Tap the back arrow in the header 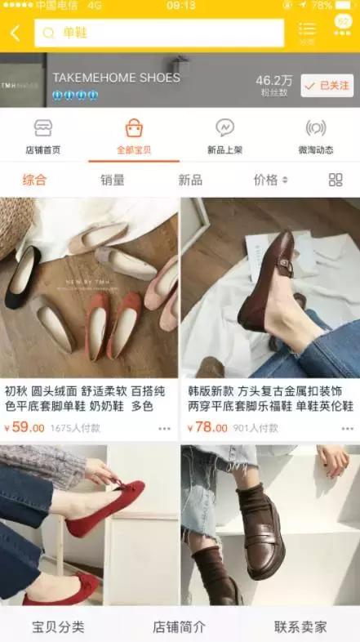coord(16,33)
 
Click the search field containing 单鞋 coord(159,33)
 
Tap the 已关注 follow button coord(327,85)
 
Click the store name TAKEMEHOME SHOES coord(116,78)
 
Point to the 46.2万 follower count coord(273,80)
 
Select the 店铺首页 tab coord(42,136)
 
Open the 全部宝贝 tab coord(134,136)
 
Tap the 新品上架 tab coord(224,136)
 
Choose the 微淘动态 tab coord(315,136)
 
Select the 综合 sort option coord(34,180)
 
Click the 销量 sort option coord(113,180)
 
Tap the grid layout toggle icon coord(336,180)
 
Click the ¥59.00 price coord(24,427)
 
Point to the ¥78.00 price coord(207,427)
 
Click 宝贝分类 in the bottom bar coord(58,626)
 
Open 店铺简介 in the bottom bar coord(180,626)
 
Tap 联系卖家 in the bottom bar coord(300,626)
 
